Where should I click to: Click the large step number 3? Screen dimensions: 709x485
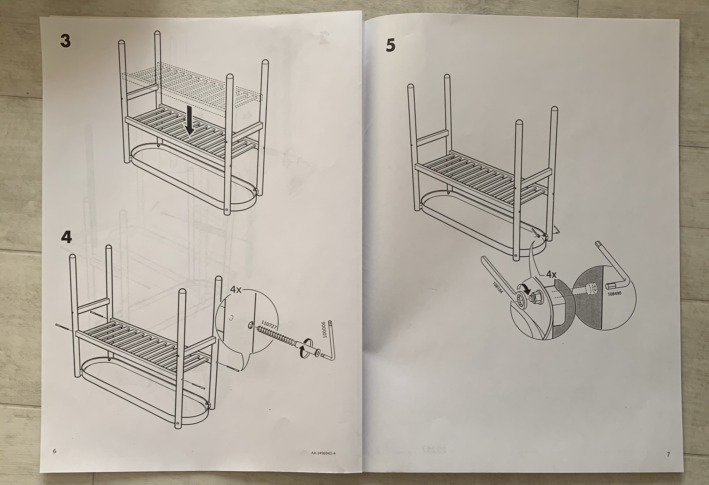65,41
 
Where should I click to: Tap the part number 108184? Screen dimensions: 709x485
497,287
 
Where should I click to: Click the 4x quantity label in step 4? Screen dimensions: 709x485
236,290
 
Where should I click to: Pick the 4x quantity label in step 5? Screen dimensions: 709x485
551,275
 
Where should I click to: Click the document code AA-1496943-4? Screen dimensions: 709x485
323,462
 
